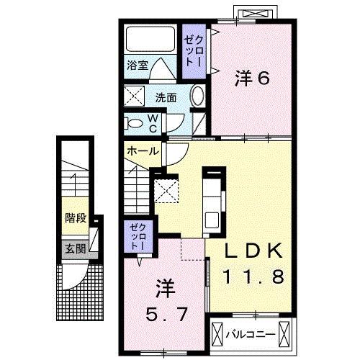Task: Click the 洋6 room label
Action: coord(251,78)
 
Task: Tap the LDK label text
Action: coord(255,252)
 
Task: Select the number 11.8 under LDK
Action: coord(256,276)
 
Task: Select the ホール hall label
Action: coord(143,152)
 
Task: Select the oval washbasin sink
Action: coord(199,96)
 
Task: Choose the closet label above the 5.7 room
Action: coord(138,235)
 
